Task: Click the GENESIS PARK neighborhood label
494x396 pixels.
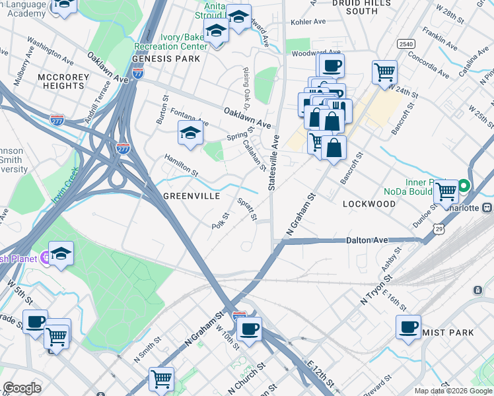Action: pos(166,59)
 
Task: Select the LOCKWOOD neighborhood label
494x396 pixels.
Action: pos(369,204)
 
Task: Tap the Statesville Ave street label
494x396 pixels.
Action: pos(273,162)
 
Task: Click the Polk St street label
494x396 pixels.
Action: pos(220,220)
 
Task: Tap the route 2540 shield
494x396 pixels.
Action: pos(406,44)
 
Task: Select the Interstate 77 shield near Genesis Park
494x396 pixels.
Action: pos(138,75)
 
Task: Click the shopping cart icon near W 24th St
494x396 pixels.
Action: pos(384,72)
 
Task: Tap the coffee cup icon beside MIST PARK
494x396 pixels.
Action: pos(408,326)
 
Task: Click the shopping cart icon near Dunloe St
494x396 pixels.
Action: pos(446,191)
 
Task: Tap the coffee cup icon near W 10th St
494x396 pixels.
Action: pos(249,329)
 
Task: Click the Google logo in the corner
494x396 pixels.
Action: pos(22,388)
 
